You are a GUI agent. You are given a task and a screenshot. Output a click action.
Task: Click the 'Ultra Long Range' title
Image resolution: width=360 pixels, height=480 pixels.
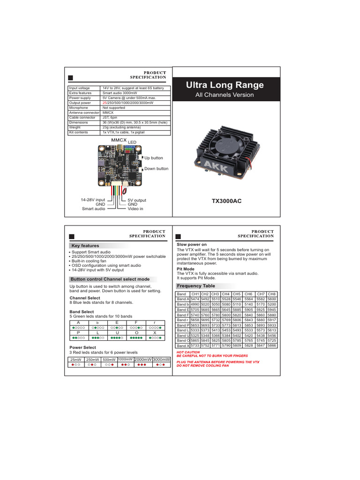click(225, 85)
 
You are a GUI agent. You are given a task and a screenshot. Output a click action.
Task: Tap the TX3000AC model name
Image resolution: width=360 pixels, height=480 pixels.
click(227, 201)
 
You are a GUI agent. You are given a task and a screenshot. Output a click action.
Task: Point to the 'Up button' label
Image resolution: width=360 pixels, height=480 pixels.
click(154, 158)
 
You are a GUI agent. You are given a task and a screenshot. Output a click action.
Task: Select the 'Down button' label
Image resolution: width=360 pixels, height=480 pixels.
click(156, 169)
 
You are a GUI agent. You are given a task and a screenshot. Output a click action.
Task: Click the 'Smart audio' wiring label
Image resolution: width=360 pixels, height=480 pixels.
click(94, 209)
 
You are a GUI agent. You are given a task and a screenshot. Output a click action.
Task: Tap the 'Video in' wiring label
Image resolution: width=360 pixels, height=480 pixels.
click(135, 209)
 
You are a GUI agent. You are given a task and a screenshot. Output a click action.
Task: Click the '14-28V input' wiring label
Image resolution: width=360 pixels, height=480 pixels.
click(93, 200)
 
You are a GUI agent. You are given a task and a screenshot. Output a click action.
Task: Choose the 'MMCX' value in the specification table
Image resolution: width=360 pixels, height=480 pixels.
click(107, 113)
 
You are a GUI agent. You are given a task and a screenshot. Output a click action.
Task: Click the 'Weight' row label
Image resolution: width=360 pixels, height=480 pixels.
click(75, 127)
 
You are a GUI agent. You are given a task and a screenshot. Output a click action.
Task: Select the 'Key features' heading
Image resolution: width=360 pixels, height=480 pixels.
click(85, 246)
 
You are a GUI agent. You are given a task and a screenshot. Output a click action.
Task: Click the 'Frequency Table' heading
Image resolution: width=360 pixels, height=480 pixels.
click(195, 286)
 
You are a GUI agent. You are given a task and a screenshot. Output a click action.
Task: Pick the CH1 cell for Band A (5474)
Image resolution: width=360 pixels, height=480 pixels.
click(195, 299)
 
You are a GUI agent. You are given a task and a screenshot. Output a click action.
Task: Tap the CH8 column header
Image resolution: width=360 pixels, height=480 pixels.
click(272, 294)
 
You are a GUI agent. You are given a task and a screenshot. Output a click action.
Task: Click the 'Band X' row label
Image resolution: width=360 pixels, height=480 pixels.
click(183, 346)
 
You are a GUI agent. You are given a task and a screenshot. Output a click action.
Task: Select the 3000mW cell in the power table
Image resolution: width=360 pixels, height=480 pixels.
click(161, 359)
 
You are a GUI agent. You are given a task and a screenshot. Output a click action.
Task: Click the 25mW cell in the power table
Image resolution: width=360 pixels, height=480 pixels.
click(75, 360)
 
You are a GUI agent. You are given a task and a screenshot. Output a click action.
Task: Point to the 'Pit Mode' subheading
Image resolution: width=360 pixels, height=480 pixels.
click(186, 269)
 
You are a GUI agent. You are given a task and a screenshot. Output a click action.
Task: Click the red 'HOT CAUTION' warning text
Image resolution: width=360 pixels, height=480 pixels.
click(188, 352)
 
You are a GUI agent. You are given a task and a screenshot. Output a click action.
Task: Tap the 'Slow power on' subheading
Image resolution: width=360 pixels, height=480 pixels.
click(191, 245)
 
